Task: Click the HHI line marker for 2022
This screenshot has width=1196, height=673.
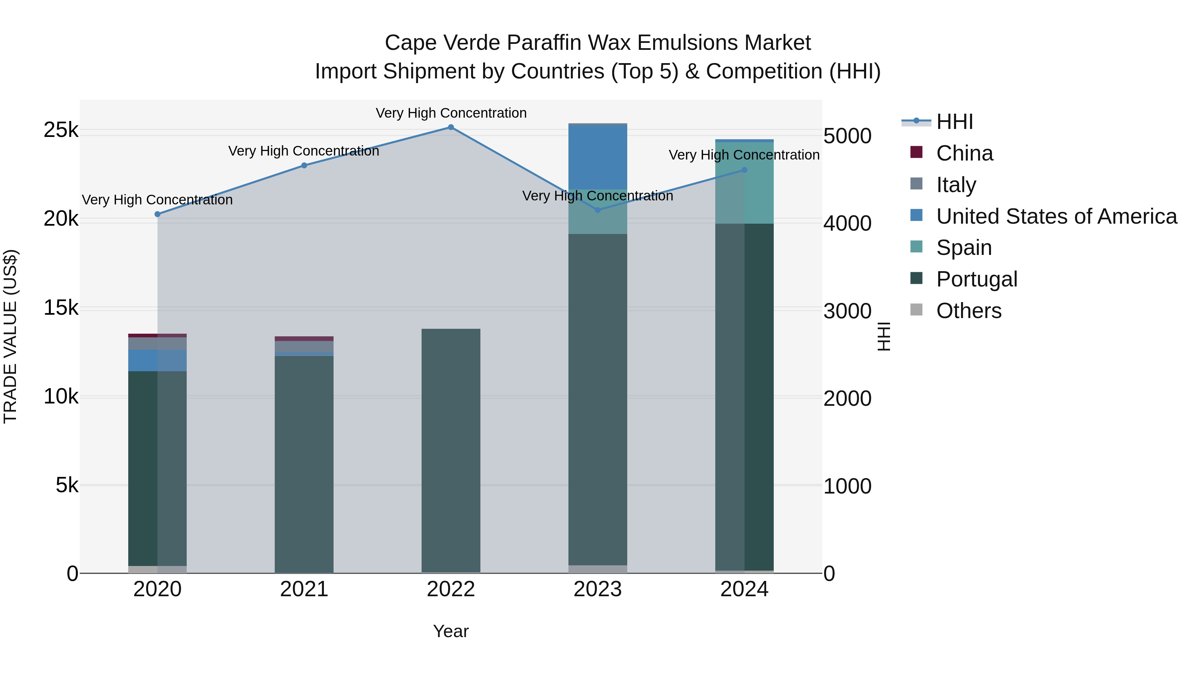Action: coord(451,127)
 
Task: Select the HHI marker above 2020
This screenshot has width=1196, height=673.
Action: coord(157,214)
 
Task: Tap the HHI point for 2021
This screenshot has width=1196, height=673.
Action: coord(304,166)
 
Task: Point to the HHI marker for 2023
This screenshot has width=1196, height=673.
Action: coord(598,210)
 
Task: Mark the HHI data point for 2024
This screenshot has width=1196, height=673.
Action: coord(744,170)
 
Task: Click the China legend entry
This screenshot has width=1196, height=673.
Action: coord(964,153)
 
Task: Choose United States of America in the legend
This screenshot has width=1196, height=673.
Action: coord(1056,216)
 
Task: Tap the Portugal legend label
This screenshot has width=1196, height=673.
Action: coord(977,279)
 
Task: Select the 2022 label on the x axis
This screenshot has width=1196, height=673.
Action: coord(451,589)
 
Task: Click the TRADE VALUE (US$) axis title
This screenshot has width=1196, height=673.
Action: coord(10,336)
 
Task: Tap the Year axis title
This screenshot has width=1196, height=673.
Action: coord(451,631)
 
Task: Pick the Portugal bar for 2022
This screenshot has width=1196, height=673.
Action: coord(451,451)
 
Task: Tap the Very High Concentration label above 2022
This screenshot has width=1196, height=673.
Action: coord(451,113)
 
